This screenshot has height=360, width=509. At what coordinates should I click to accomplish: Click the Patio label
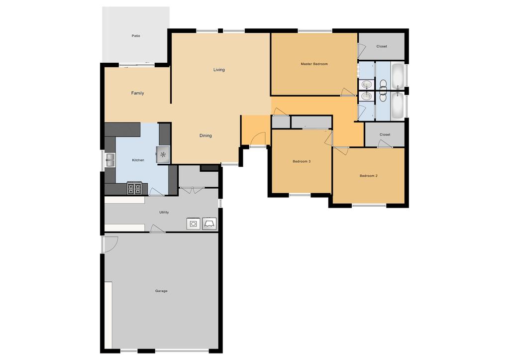(136, 36)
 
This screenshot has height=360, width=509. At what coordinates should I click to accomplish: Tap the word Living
(219, 70)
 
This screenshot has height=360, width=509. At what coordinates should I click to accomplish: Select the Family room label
(137, 93)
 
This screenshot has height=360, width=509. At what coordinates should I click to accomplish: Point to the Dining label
(205, 135)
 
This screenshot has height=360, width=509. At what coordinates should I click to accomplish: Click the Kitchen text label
(138, 160)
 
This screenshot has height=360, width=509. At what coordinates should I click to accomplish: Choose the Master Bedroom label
(314, 64)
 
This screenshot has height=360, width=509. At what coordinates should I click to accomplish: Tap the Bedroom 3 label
(302, 161)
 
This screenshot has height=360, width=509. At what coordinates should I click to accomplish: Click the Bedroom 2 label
(369, 176)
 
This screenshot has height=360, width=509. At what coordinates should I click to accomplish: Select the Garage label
(161, 291)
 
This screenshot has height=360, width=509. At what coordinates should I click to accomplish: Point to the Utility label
(164, 212)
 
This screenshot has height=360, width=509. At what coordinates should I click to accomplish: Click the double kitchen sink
(110, 160)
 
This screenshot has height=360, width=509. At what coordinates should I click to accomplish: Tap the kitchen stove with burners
(134, 188)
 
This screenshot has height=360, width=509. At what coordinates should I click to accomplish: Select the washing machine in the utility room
(193, 224)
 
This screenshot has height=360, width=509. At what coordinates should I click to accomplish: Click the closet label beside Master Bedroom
(382, 46)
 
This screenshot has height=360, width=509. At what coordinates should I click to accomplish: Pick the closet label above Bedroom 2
(385, 134)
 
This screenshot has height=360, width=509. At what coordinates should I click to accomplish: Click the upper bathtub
(398, 76)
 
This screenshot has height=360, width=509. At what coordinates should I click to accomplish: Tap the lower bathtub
(398, 106)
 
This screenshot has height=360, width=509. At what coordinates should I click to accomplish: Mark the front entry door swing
(258, 139)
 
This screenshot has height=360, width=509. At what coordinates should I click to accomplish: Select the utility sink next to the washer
(209, 224)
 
